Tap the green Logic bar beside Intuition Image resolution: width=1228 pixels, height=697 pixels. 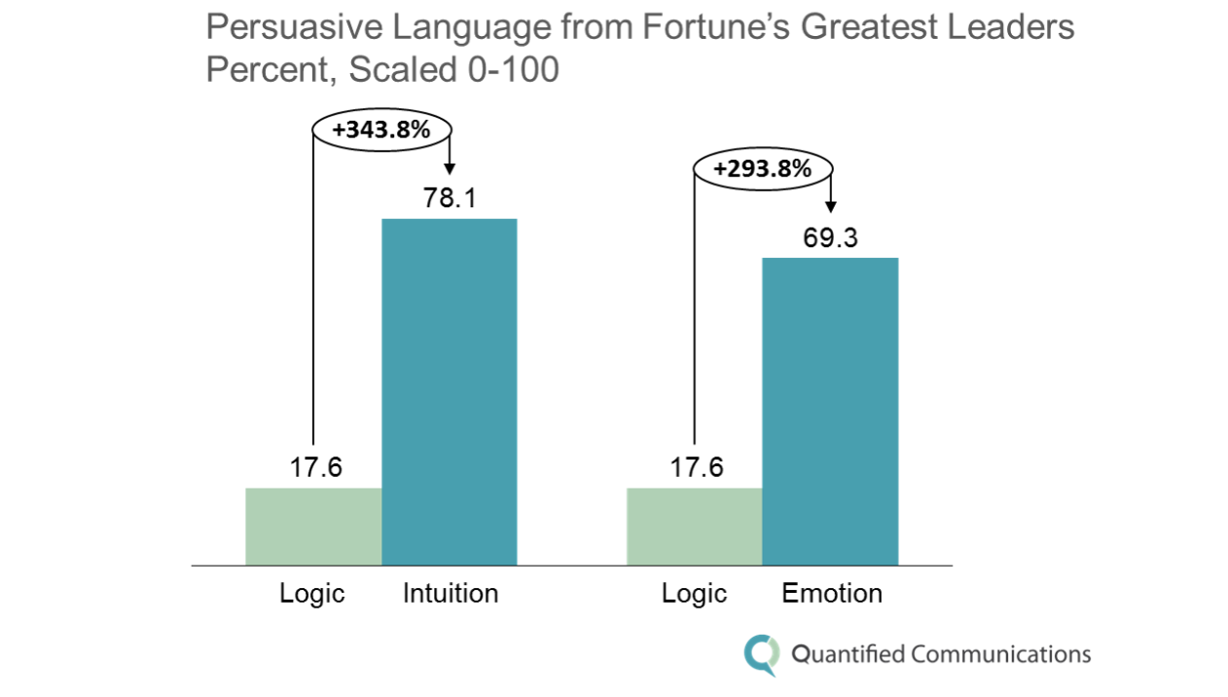pyautogui.click(x=313, y=526)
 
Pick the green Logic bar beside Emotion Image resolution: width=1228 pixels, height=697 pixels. pyautogui.click(x=694, y=526)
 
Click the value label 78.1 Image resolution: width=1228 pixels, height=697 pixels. pyautogui.click(x=449, y=198)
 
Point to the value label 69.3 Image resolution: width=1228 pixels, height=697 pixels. pyautogui.click(x=830, y=238)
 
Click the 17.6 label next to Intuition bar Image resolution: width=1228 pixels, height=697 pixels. pyautogui.click(x=315, y=467)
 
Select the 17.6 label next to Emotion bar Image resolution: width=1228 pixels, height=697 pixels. pyautogui.click(x=697, y=467)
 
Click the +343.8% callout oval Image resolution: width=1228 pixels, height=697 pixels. pyautogui.click(x=380, y=128)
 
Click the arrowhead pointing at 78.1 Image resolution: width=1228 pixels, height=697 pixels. pyautogui.click(x=450, y=168)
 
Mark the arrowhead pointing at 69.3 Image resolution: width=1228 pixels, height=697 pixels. pyautogui.click(x=830, y=206)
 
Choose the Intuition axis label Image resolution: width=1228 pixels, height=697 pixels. pyautogui.click(x=451, y=593)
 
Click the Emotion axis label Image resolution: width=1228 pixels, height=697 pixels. pyautogui.click(x=832, y=593)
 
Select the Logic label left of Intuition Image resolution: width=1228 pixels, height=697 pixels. pyautogui.click(x=312, y=593)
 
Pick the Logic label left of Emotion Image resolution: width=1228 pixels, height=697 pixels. pyautogui.click(x=694, y=593)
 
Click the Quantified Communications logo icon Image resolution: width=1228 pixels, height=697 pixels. pyautogui.click(x=761, y=654)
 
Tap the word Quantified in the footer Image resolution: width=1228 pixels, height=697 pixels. pyautogui.click(x=848, y=654)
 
